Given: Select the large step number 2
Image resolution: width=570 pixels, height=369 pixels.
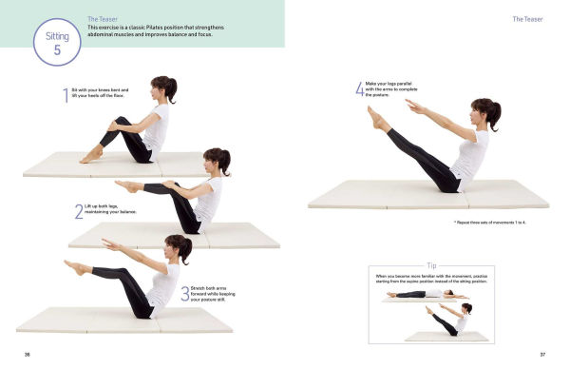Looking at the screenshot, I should tap(78, 211).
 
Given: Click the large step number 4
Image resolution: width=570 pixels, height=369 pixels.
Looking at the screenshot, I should tap(359, 88).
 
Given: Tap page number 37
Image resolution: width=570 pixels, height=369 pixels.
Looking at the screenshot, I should tap(541, 354).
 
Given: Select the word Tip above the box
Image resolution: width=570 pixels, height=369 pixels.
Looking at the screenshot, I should tap(432, 265).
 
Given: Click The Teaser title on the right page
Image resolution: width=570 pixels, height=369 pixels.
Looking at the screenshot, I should tap(526, 19).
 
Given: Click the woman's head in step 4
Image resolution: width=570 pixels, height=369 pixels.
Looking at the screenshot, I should tap(484, 113).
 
